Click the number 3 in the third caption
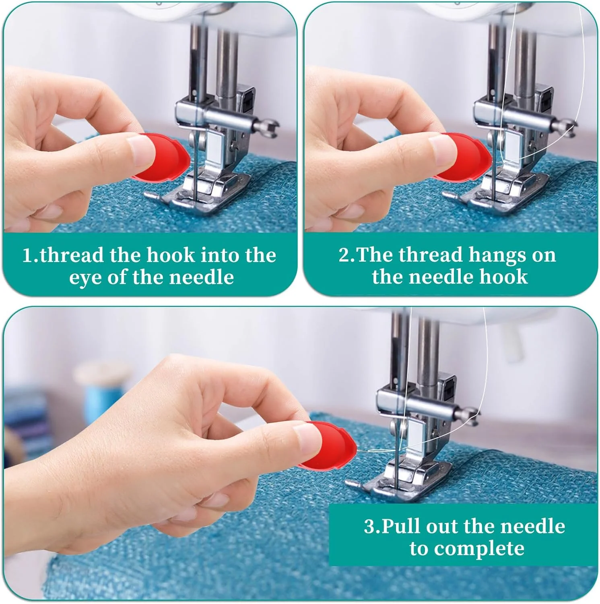click(x=370, y=527)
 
